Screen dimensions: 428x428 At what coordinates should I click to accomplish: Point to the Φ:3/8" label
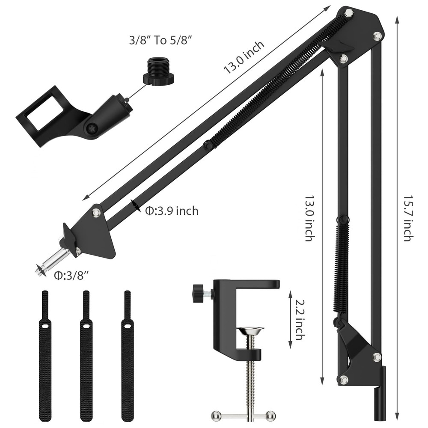tap(71, 276)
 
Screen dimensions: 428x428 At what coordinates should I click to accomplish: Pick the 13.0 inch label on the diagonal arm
tap(244, 57)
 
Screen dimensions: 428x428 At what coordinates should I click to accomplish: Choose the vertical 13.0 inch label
tap(309, 218)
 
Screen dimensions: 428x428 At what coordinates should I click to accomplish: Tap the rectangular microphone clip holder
tap(43, 114)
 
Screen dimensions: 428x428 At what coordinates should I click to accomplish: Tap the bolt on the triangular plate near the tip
tap(96, 212)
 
